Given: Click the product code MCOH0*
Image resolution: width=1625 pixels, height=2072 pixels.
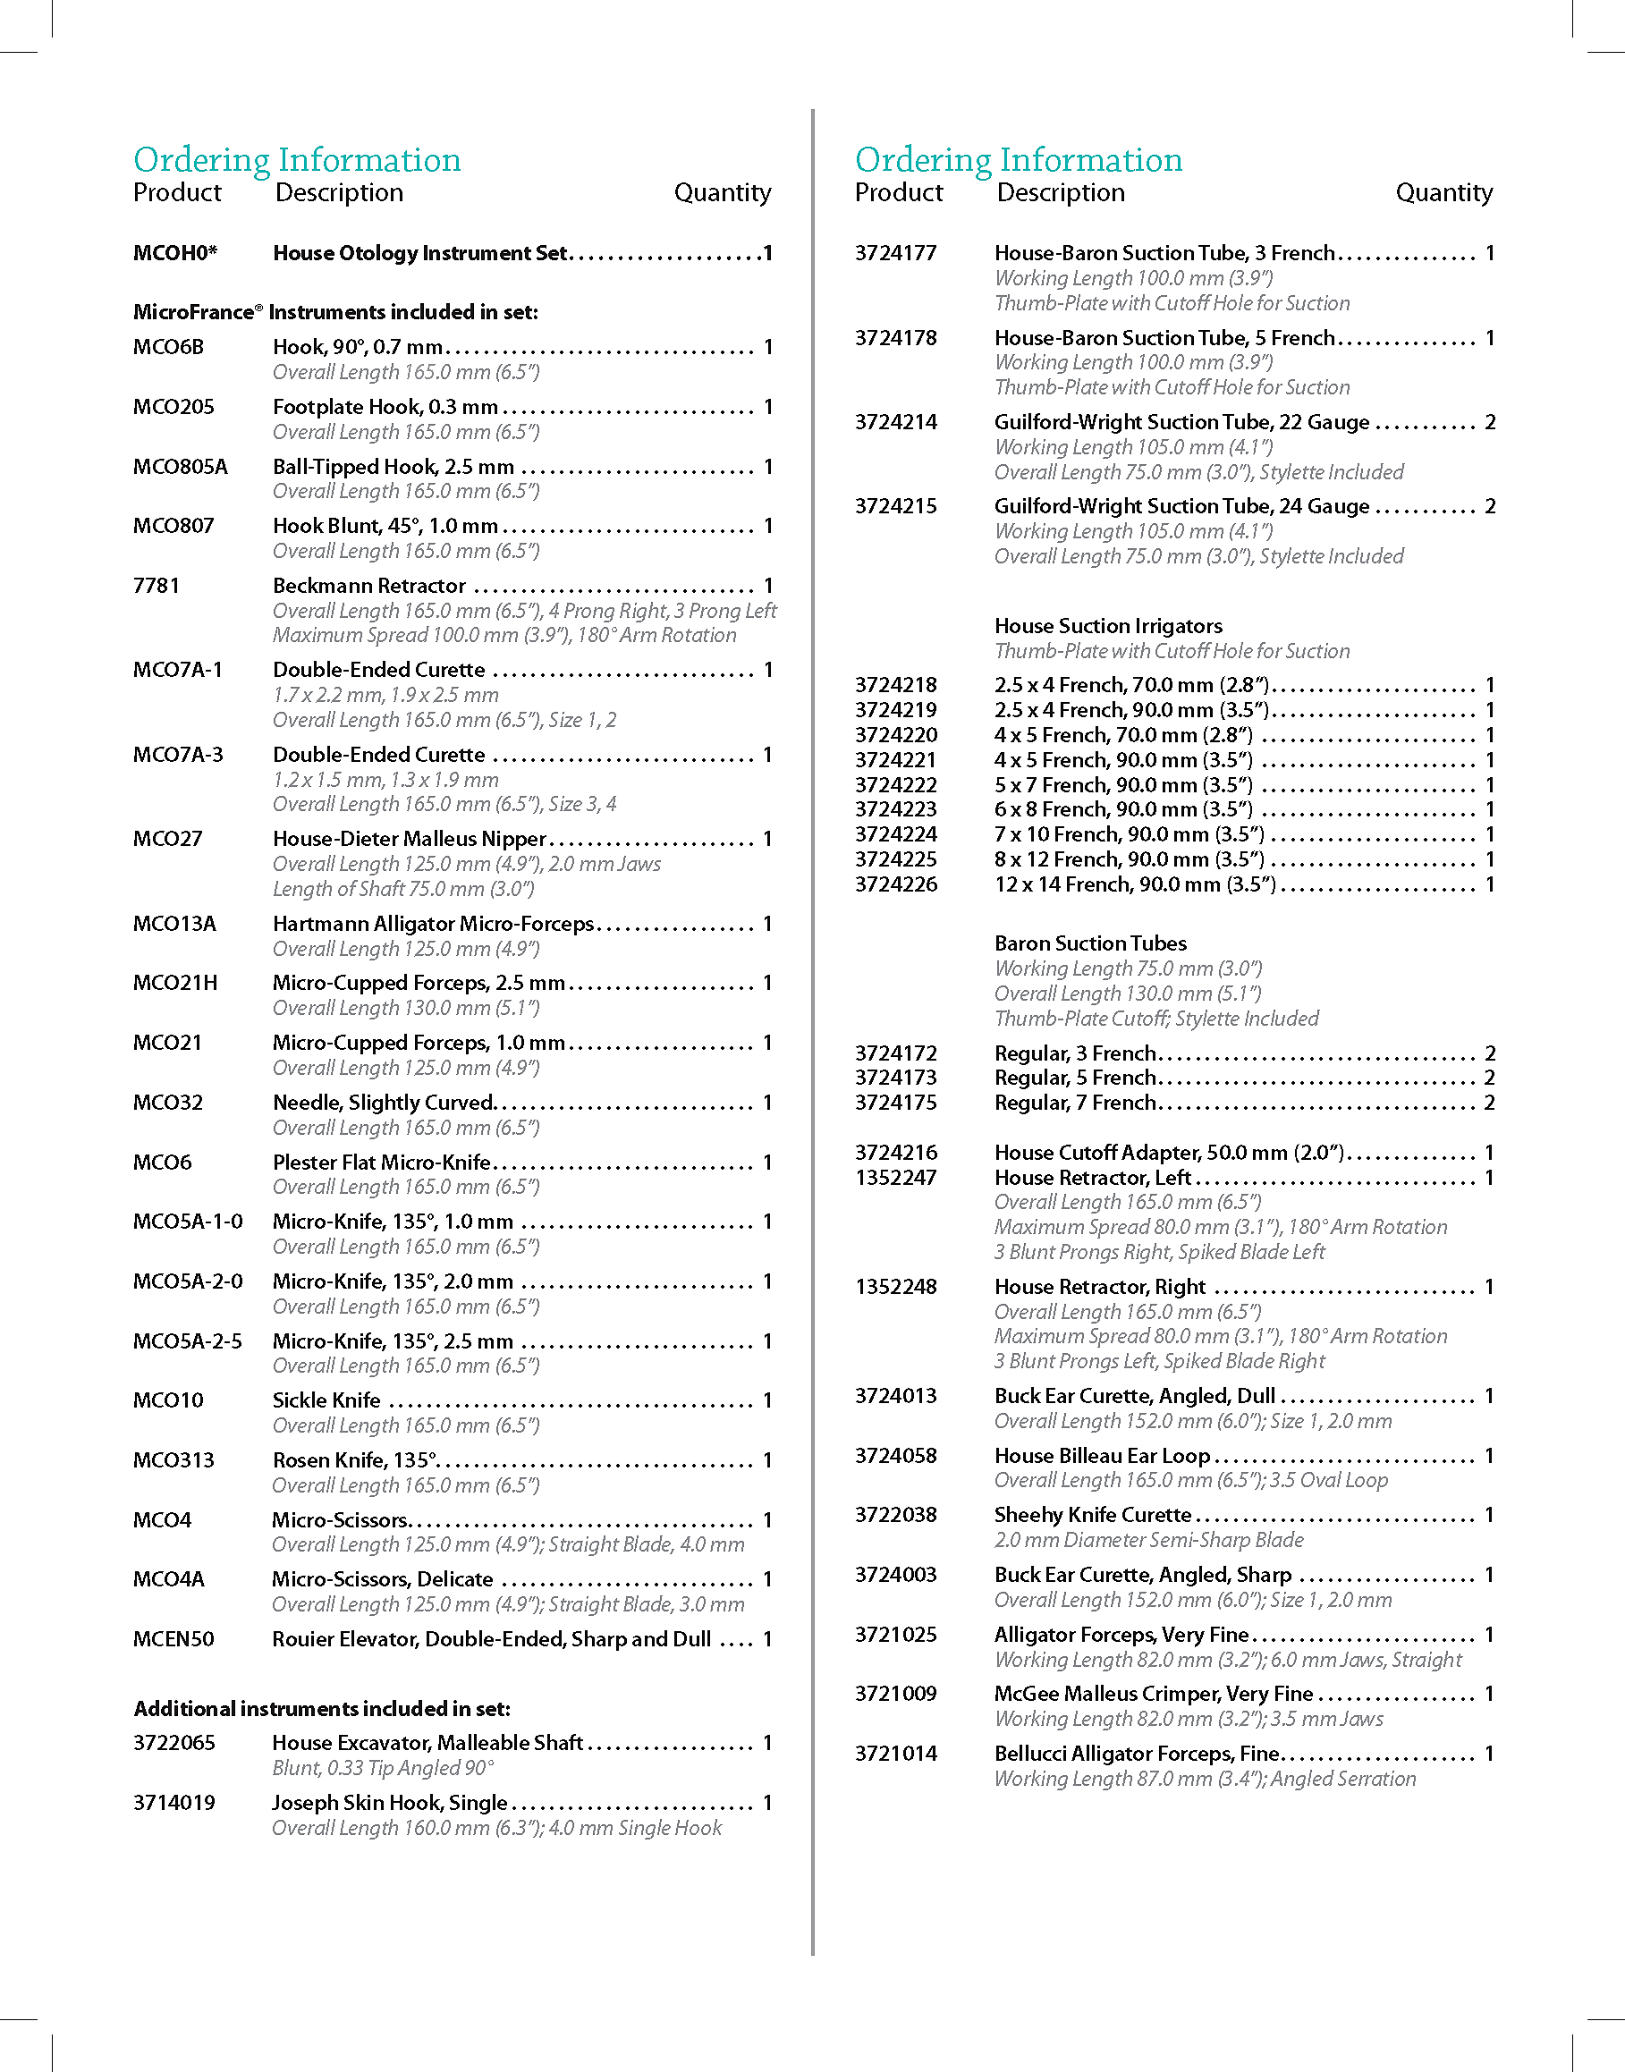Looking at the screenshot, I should click(175, 253).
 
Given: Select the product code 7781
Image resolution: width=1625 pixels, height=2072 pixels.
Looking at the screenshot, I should click(156, 586).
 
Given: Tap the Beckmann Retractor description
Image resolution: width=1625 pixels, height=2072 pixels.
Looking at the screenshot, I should click(369, 586).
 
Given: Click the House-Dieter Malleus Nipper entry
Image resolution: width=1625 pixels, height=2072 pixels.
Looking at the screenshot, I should click(409, 839).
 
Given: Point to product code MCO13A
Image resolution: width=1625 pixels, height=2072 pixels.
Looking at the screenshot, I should click(174, 924).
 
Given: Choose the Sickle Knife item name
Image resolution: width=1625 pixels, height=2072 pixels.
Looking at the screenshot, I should click(326, 1400).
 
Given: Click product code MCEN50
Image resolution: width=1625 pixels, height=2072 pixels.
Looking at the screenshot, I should click(174, 1639).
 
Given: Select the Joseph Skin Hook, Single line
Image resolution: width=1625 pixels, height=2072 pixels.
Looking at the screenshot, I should click(390, 1803).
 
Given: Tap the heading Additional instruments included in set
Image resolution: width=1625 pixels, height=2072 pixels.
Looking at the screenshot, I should click(322, 1709).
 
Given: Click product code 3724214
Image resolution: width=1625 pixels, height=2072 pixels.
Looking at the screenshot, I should click(895, 422).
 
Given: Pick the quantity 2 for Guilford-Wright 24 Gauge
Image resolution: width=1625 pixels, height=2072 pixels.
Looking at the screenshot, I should click(1490, 506).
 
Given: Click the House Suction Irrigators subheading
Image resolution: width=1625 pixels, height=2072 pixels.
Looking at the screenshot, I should click(1108, 626).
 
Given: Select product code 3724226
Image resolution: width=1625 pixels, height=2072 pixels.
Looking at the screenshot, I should click(895, 884).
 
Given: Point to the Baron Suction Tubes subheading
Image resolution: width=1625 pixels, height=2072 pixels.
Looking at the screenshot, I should click(1090, 943).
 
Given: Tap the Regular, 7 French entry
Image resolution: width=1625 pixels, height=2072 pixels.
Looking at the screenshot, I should click(1075, 1103).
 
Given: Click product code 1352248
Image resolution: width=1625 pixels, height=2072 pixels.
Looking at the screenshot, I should click(895, 1287).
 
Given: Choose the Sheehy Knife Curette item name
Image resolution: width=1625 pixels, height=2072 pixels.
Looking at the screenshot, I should click(1092, 1515).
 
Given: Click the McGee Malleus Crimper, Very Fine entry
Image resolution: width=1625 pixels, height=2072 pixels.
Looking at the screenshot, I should click(1153, 1694).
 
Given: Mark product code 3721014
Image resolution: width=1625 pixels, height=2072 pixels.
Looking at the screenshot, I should click(895, 1754).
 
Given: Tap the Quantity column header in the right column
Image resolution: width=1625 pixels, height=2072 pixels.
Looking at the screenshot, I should click(1443, 193).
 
